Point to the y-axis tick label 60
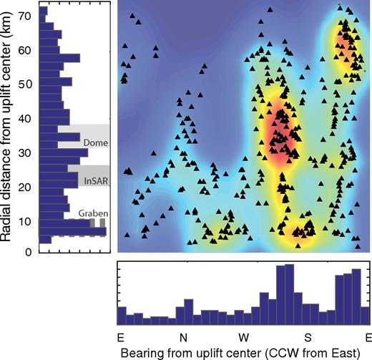(28, 50)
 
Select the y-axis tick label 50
(28, 84)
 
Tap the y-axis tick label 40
(28, 118)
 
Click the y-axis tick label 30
(28, 152)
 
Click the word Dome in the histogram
(94, 142)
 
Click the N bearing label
(182, 336)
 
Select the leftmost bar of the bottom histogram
(122, 316)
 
